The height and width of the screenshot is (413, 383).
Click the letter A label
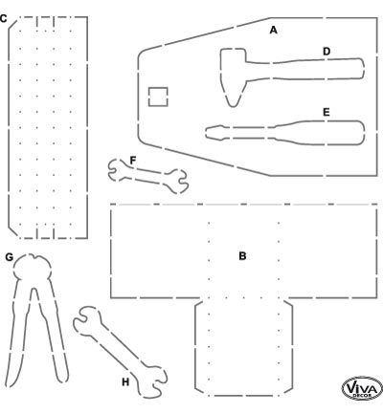point(273,31)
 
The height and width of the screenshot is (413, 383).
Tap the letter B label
point(242,256)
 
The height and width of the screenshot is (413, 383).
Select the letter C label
point(3,18)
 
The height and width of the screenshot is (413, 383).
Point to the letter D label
point(327,52)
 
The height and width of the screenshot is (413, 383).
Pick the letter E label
point(326,112)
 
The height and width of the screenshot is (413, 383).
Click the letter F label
point(133,161)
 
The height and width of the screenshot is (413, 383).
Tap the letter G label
point(10,257)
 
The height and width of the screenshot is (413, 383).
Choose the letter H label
point(125,381)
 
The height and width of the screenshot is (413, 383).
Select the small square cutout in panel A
point(158,97)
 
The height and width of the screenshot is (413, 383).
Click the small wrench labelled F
point(147,176)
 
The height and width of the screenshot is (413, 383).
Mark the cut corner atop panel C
point(12,23)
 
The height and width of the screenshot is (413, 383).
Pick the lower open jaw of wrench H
point(153,382)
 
